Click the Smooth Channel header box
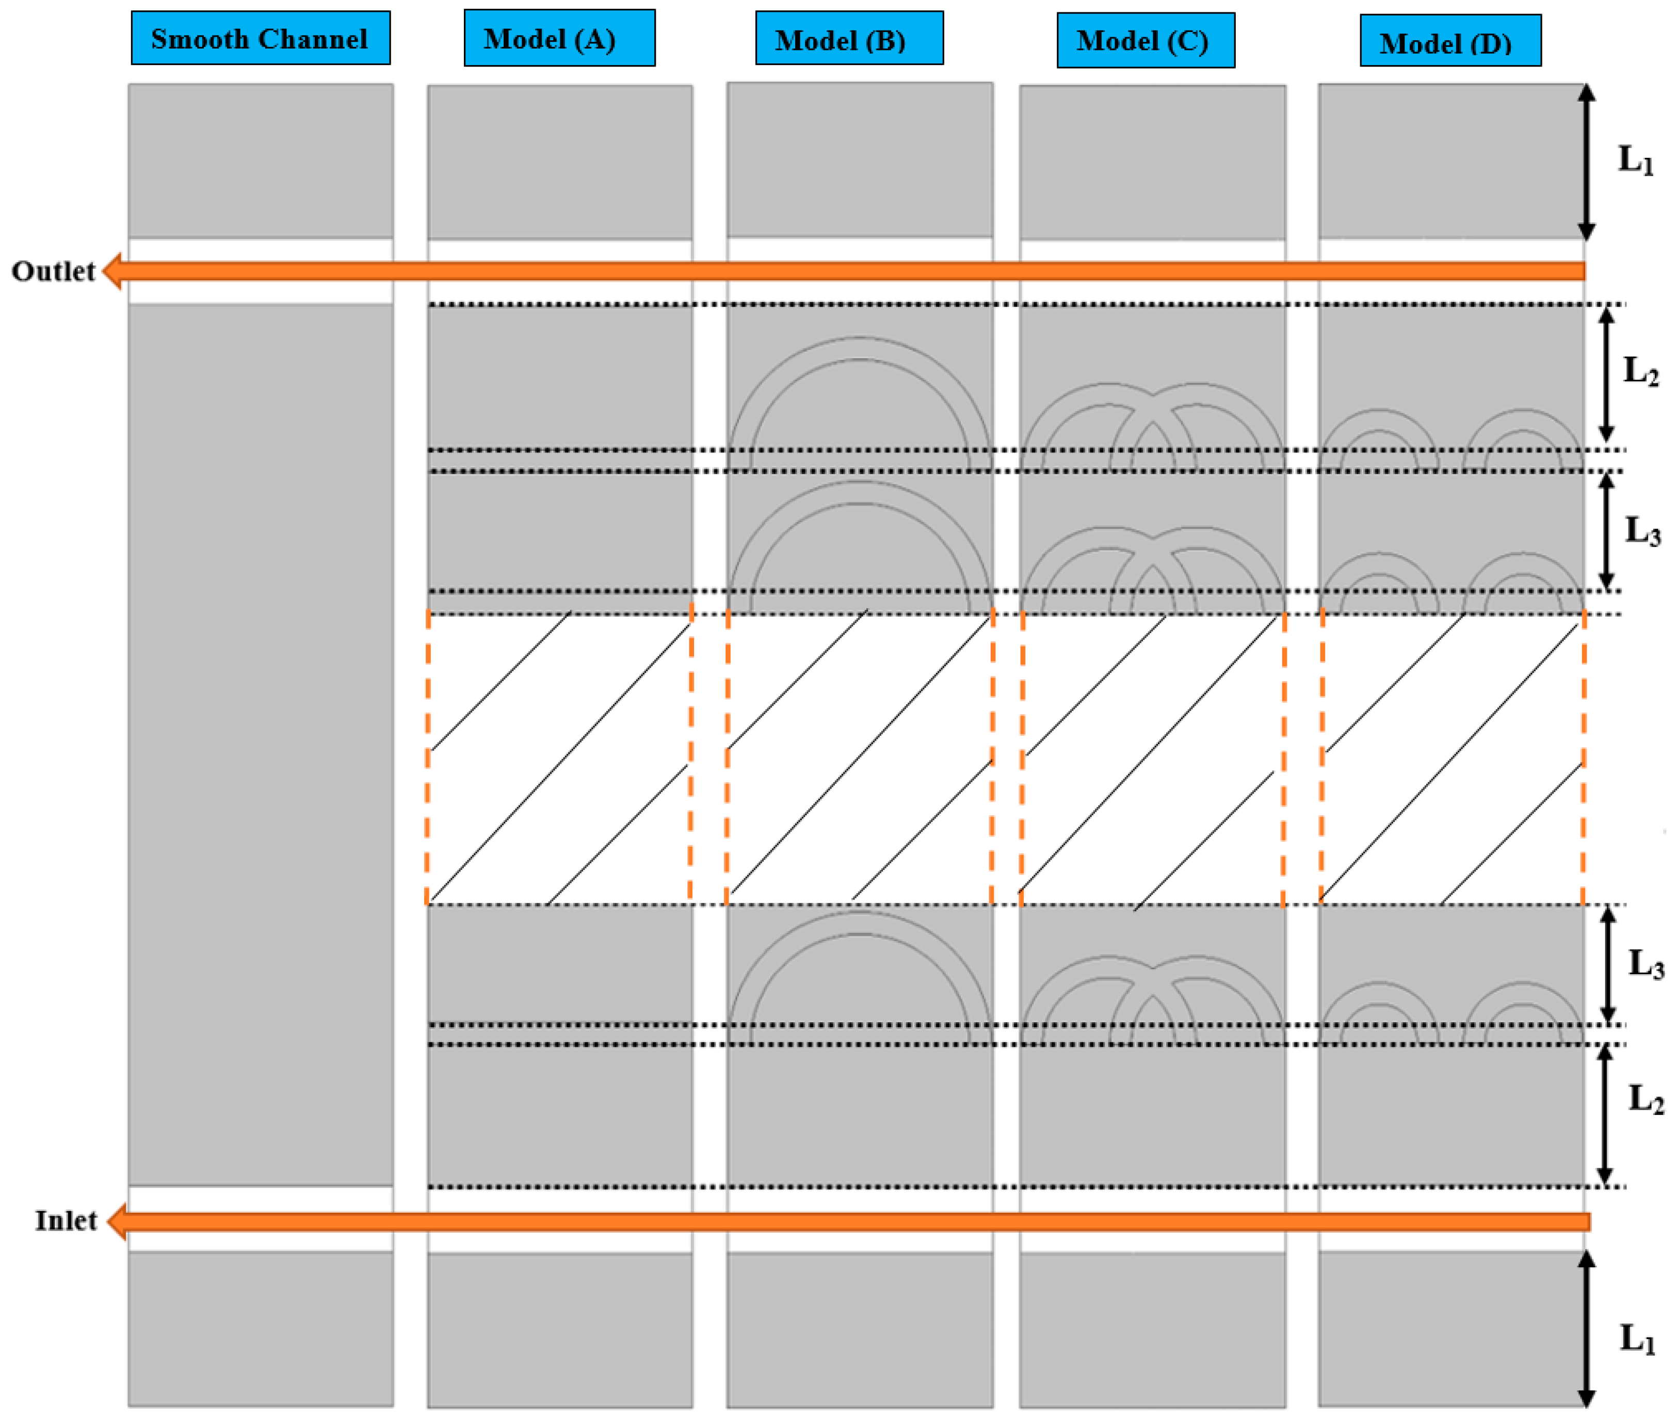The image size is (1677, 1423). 261,38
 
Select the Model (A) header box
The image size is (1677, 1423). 559,38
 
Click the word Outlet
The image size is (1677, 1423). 53,271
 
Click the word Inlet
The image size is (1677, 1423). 66,1221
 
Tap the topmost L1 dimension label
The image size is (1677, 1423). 1635,160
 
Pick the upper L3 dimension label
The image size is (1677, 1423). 1642,531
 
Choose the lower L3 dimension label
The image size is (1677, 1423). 1646,963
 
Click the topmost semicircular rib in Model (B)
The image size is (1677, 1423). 860,348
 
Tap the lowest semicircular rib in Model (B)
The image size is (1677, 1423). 860,924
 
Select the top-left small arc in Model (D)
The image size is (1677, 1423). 1379,421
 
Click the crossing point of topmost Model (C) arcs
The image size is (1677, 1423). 1153,395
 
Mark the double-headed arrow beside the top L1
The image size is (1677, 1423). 1586,161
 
